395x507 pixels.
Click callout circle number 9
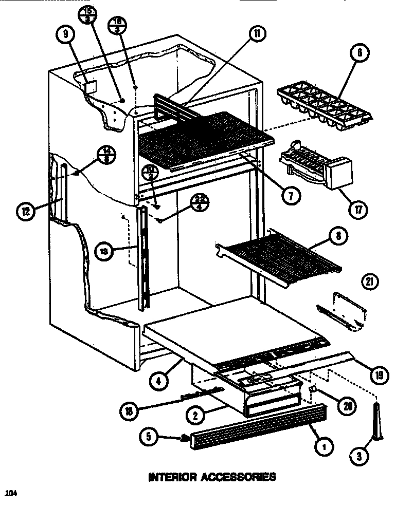pos(66,35)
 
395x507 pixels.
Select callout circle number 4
pos(160,381)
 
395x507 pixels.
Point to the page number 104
pos(11,494)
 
